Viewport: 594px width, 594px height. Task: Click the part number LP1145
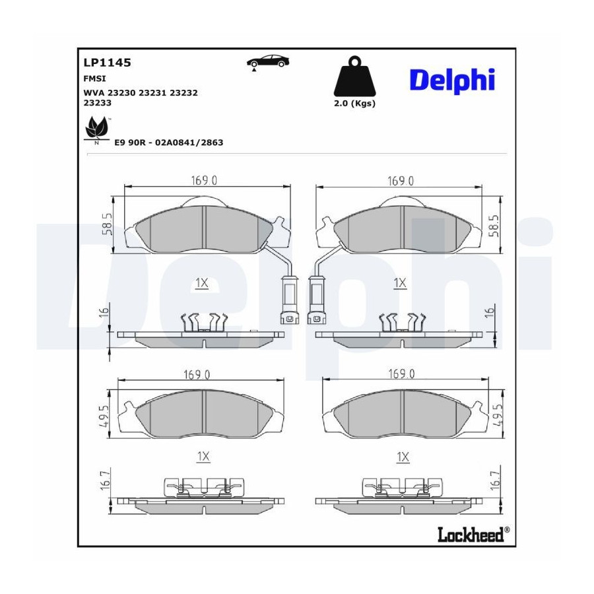coord(107,63)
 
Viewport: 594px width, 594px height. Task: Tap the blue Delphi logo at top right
coord(452,81)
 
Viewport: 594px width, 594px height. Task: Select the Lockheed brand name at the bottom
coord(471,534)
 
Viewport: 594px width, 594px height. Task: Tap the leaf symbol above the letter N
coord(96,127)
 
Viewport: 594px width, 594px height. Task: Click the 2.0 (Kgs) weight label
coord(354,104)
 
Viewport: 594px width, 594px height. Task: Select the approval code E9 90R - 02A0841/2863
coord(169,143)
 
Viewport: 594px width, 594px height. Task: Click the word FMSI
coord(94,79)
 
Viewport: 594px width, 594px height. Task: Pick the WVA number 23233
coord(98,103)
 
